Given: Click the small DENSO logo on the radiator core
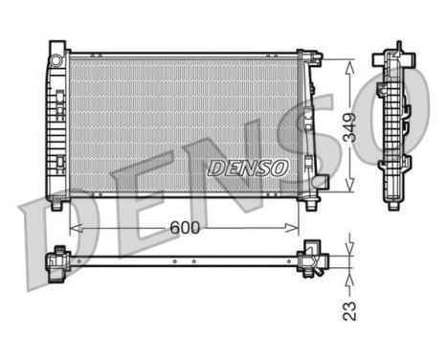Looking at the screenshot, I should coord(248,167).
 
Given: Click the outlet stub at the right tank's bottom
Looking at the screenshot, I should coord(323,181).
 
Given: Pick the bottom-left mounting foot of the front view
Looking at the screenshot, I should coord(57,204).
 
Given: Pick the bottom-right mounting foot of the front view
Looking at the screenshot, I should coord(313,202).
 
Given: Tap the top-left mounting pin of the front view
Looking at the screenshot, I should coord(57,46).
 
